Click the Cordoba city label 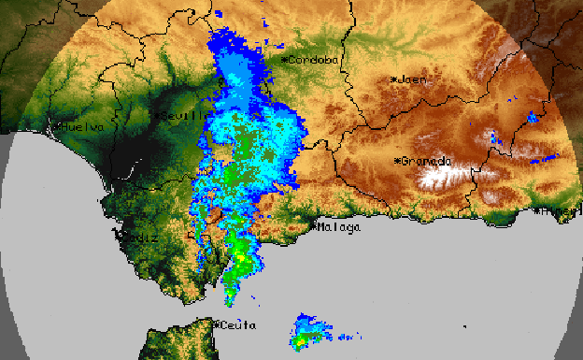[x=315, y=60]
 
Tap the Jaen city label [x=413, y=79]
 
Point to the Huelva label [x=81, y=126]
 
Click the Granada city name [x=429, y=161]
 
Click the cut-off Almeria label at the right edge [x=570, y=213]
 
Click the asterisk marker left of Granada [x=399, y=161]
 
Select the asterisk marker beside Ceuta [x=217, y=324]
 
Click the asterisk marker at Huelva [x=58, y=126]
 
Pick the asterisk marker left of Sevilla [x=159, y=114]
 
